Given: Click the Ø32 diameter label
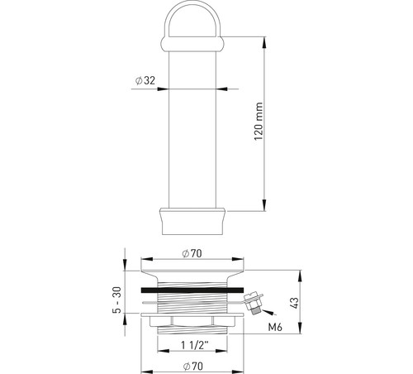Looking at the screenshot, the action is [x=145, y=80].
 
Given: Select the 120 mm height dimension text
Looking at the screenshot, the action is [x=259, y=122].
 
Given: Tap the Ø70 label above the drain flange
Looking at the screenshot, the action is [x=192, y=253].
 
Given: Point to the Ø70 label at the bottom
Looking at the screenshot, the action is [x=192, y=367].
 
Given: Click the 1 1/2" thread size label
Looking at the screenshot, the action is [x=195, y=345].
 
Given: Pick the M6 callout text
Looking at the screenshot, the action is [x=275, y=327].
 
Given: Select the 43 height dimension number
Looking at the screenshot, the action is [x=294, y=303].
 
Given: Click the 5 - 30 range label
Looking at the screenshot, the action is [x=116, y=300].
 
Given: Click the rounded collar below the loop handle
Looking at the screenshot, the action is [x=192, y=44].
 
